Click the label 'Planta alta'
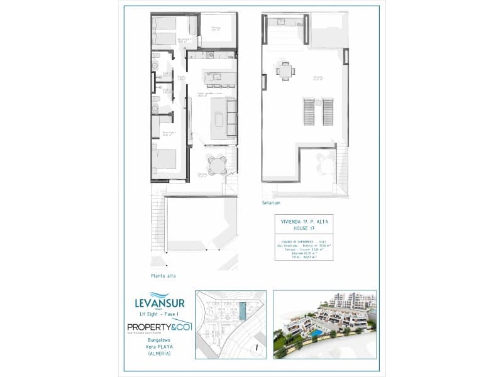tap(164, 276)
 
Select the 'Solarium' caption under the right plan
tap(272, 204)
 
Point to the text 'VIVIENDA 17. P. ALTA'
tap(304, 222)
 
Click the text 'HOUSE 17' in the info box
tap(304, 228)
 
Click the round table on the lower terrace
tap(218, 166)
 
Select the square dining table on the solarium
tap(286, 72)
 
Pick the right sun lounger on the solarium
tap(327, 112)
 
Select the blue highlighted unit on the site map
tap(243, 311)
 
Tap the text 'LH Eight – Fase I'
tap(160, 314)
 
